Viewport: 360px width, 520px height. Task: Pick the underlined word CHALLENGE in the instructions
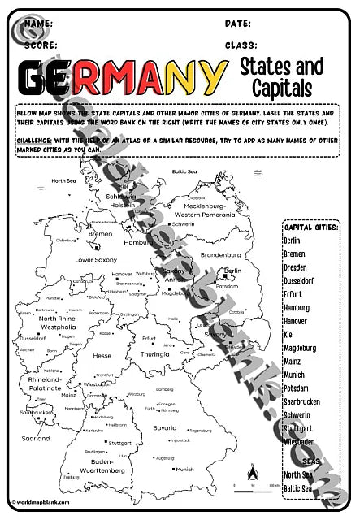click(x=37, y=139)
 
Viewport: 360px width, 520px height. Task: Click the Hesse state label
click(x=102, y=355)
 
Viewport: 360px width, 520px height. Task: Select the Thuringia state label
click(x=154, y=354)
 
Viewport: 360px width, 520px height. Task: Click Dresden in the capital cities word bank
click(x=296, y=267)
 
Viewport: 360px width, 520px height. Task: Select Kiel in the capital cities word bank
click(x=290, y=334)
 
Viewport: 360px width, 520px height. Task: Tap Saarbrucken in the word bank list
click(x=302, y=401)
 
